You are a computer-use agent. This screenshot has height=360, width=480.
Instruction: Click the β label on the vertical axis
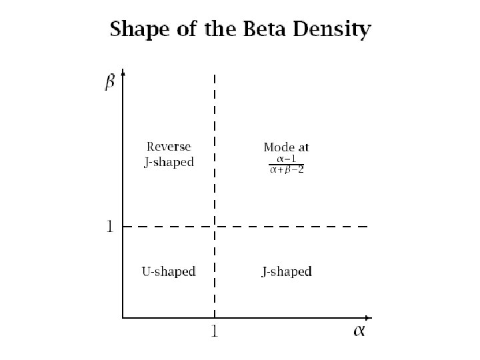point(109,83)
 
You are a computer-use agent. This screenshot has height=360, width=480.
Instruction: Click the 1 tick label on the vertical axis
point(109,227)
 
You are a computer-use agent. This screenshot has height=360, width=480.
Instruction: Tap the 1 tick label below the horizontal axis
point(214,331)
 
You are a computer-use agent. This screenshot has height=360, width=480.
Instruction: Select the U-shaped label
point(169,271)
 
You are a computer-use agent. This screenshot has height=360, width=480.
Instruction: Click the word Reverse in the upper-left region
point(169,147)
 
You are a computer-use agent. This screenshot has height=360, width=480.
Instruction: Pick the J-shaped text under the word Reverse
point(169,162)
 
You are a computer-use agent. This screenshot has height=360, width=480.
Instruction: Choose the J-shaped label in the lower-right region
point(286,271)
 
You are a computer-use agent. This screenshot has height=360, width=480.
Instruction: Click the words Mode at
point(286,147)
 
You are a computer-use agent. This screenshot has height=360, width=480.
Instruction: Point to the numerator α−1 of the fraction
point(286,159)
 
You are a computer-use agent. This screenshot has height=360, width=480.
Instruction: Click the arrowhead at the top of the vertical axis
point(123,74)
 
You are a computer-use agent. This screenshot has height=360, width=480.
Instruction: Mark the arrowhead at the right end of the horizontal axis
point(368,317)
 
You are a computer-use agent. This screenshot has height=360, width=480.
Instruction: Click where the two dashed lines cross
point(214,227)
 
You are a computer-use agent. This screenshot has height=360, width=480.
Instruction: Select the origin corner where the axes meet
point(123,317)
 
